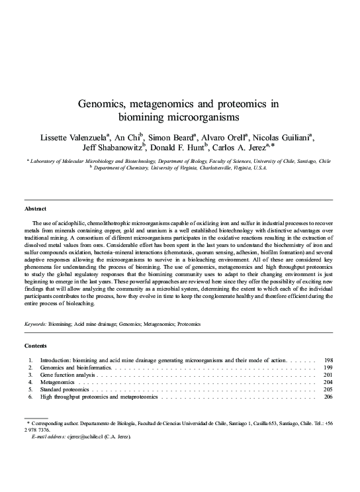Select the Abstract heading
[x=35, y=209]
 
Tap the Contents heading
[x=36, y=346]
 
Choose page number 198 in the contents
[x=328, y=360]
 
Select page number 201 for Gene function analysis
[x=328, y=374]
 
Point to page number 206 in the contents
[x=328, y=397]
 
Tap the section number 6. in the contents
[x=30, y=397]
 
